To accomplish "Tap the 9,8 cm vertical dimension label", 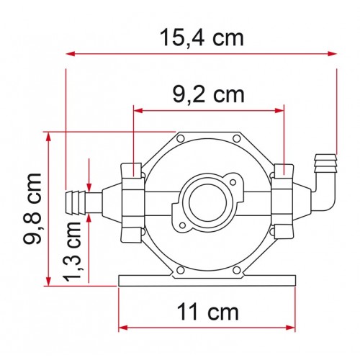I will click(x=31, y=207).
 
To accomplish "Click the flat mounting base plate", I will click(x=207, y=279).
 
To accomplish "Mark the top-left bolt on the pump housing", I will click(x=180, y=137).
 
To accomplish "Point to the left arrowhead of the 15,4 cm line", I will click(x=71, y=53).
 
